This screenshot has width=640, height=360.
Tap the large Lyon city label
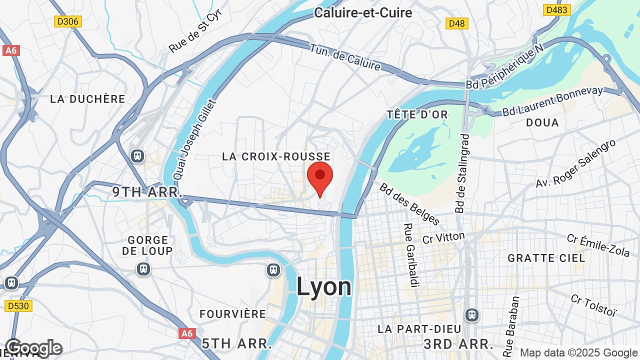click(324, 287)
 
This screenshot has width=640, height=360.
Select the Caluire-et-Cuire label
click(363, 12)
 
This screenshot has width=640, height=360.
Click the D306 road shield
click(68, 21)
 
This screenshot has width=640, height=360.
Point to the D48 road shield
click(456, 23)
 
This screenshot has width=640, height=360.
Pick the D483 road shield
click(557, 10)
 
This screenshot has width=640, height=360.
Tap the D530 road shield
click(18, 305)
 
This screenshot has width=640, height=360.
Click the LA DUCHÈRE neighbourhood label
click(87, 99)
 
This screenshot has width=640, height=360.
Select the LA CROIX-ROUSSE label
click(276, 157)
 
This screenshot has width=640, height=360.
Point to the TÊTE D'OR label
click(417, 115)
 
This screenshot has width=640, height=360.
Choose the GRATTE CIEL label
click(546, 258)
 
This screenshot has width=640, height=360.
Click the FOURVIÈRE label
click(233, 314)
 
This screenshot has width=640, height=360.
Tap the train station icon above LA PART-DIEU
click(471, 315)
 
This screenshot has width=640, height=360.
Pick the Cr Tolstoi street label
click(594, 305)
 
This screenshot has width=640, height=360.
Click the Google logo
click(33, 348)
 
